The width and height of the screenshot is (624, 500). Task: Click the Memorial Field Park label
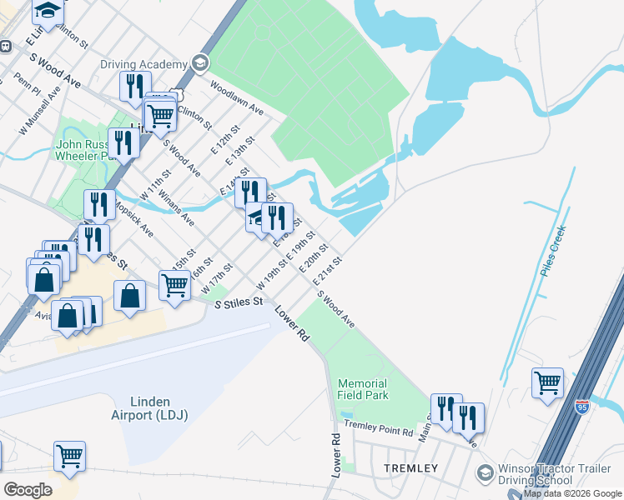(x=363, y=389)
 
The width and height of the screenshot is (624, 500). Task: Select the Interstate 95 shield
(x=582, y=407)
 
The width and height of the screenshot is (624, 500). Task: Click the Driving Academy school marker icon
(x=199, y=63)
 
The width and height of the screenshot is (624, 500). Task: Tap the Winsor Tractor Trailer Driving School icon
(x=484, y=473)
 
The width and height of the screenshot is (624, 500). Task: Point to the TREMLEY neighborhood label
(x=410, y=468)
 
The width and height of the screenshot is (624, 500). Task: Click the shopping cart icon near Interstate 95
(x=547, y=383)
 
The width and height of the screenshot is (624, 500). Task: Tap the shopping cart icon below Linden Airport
(x=69, y=456)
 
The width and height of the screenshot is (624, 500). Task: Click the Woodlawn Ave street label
(x=237, y=97)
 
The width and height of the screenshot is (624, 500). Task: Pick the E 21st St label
(x=329, y=271)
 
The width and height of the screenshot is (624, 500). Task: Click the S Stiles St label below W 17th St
(x=239, y=303)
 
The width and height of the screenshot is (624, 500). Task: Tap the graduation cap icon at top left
(x=49, y=10)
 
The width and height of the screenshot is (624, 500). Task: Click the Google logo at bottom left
(x=27, y=489)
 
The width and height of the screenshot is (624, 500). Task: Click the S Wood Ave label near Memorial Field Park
(x=336, y=310)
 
